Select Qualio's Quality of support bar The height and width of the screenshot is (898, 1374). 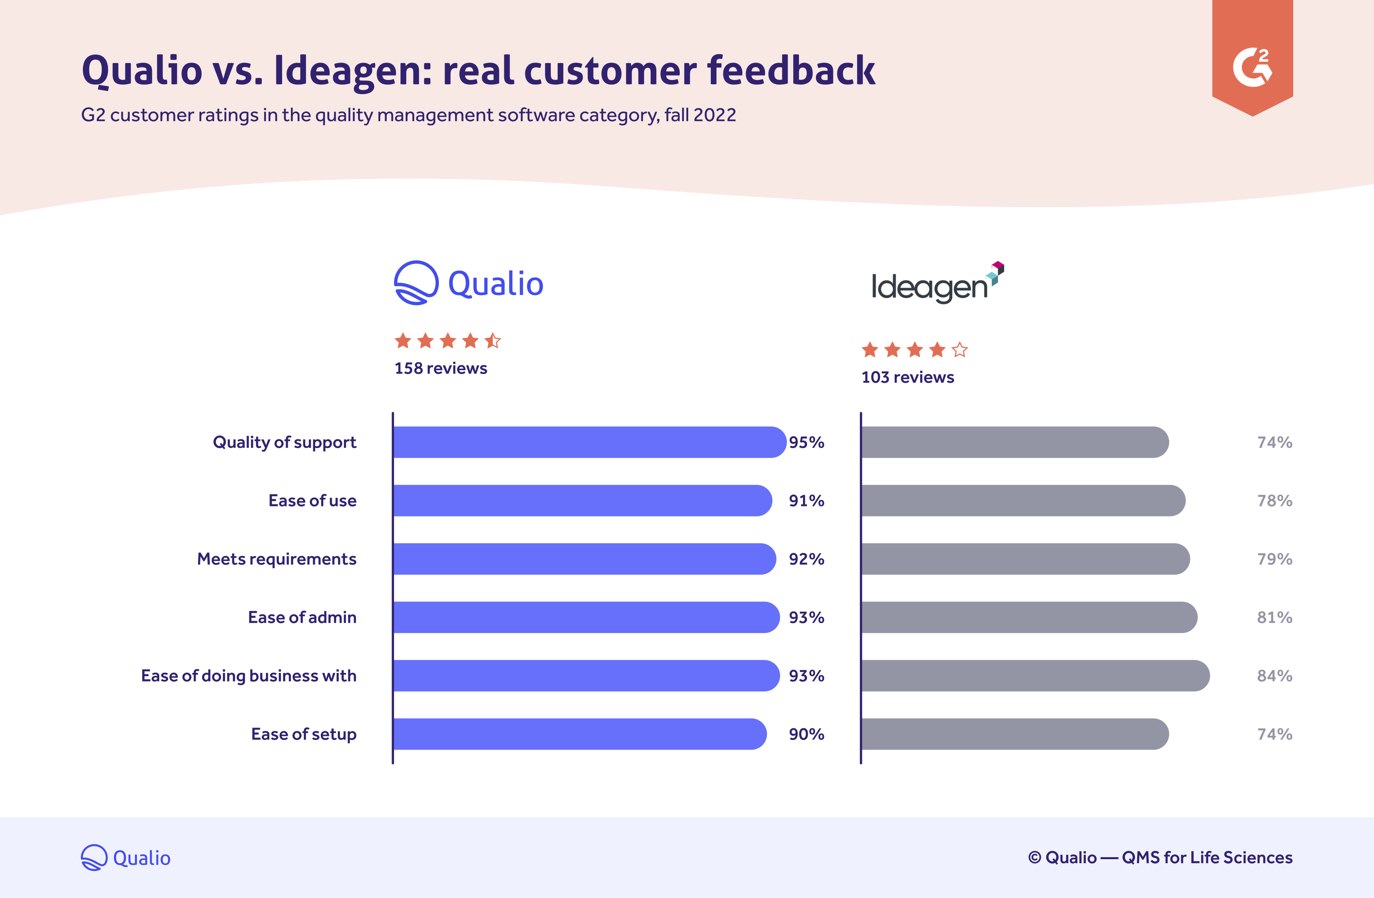(589, 443)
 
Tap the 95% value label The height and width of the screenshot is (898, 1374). (807, 443)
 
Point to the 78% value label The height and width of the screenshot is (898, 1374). (1275, 501)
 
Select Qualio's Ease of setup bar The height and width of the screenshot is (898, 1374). (580, 734)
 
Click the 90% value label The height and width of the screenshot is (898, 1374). (807, 734)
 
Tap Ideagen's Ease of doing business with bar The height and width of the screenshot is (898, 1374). (1035, 676)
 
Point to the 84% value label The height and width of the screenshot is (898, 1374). (1275, 676)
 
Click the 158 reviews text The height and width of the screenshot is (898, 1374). (440, 369)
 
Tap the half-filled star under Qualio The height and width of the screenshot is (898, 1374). (493, 341)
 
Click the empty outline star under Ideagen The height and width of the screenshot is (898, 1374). (959, 350)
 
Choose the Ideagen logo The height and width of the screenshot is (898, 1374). (937, 283)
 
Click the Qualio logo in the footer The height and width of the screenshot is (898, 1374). (126, 858)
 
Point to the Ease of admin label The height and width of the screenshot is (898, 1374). (302, 618)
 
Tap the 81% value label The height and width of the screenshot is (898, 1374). (1275, 618)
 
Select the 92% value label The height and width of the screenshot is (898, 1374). (807, 559)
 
